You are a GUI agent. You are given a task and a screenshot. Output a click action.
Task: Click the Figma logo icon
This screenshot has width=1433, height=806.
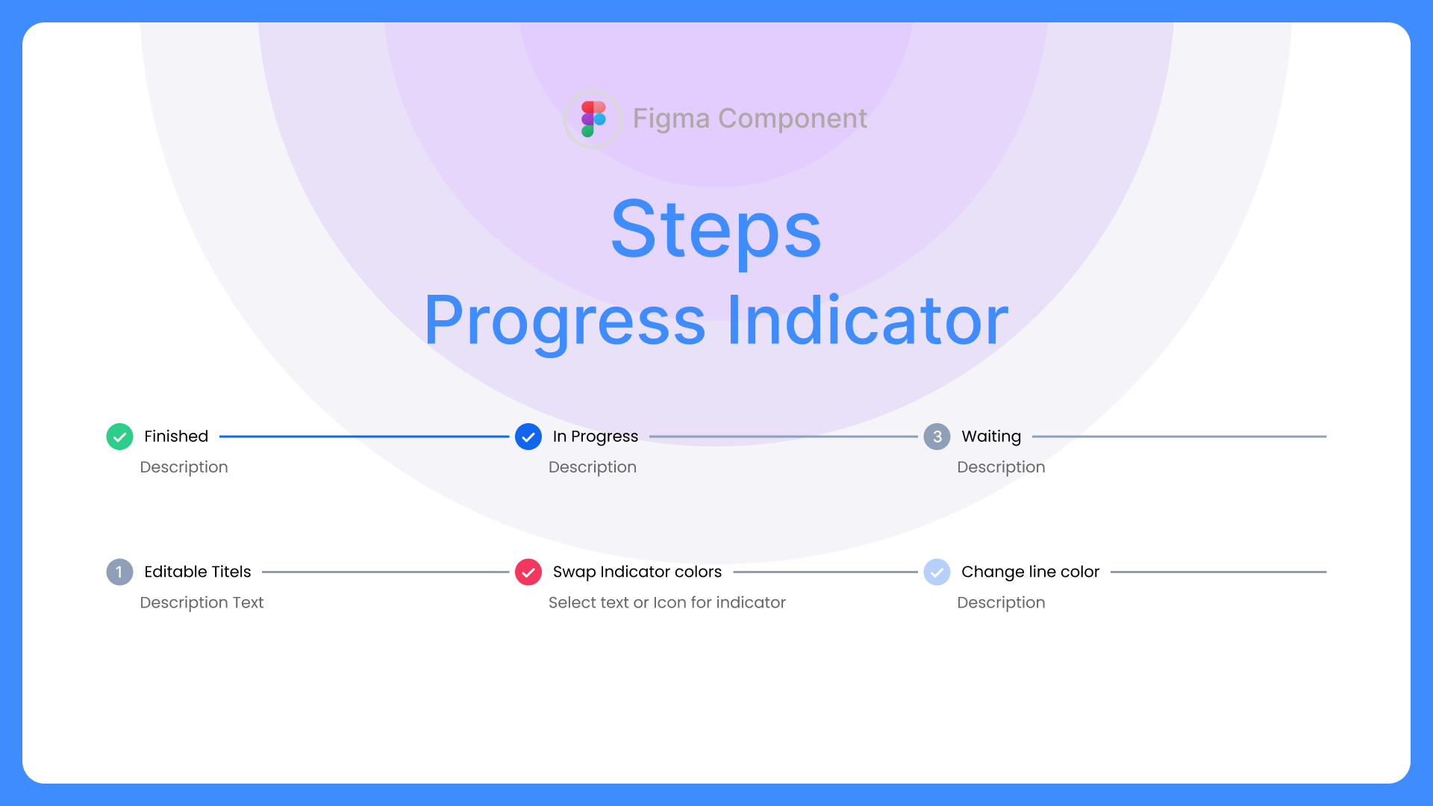[x=593, y=119]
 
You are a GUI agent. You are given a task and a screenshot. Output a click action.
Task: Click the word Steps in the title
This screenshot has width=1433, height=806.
[x=716, y=230]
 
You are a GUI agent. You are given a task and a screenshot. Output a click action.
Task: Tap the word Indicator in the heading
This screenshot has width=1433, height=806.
[x=867, y=321]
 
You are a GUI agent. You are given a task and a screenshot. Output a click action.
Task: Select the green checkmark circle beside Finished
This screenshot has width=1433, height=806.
[x=119, y=437]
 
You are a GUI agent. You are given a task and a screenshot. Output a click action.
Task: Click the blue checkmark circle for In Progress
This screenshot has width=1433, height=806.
[x=528, y=437]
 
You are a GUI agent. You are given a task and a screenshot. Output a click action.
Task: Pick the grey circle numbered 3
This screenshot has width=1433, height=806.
[x=937, y=437]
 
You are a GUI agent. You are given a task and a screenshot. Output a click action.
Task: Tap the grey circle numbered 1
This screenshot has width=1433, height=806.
[x=119, y=572]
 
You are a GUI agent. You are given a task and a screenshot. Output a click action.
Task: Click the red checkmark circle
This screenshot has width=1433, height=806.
[x=528, y=572]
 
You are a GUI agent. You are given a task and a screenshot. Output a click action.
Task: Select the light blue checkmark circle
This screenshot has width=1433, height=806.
[x=937, y=572]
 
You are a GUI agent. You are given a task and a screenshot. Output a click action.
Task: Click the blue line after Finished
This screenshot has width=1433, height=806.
[x=364, y=437]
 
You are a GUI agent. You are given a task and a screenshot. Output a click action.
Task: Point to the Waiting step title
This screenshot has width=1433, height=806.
[x=991, y=437]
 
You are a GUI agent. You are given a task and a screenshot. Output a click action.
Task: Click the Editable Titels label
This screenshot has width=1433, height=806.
[x=197, y=572]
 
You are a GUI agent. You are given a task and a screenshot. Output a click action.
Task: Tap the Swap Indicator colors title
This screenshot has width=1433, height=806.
[x=637, y=572]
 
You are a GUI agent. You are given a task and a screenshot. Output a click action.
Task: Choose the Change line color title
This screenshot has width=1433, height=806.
[x=1030, y=572]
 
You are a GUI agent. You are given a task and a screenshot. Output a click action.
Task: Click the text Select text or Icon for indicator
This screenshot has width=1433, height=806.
[x=666, y=603]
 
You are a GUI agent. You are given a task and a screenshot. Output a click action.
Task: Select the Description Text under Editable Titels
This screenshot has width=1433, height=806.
[x=202, y=603]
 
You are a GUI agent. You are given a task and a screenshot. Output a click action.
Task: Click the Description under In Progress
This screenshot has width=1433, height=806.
[x=592, y=467]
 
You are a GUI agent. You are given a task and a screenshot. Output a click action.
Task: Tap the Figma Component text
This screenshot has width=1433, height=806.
[x=749, y=119]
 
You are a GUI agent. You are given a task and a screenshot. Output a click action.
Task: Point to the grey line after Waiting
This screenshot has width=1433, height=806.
[x=1179, y=437]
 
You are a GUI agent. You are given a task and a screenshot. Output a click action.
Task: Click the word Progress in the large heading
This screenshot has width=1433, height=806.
[x=565, y=321]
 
